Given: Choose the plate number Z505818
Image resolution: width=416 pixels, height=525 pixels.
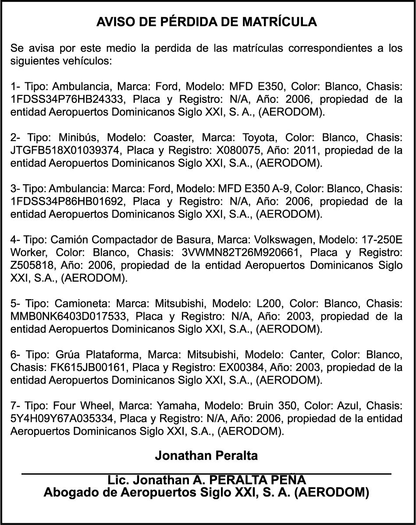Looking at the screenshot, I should pyautogui.click(x=31, y=265).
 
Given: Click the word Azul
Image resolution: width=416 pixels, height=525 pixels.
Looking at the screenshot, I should pyautogui.click(x=348, y=406).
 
